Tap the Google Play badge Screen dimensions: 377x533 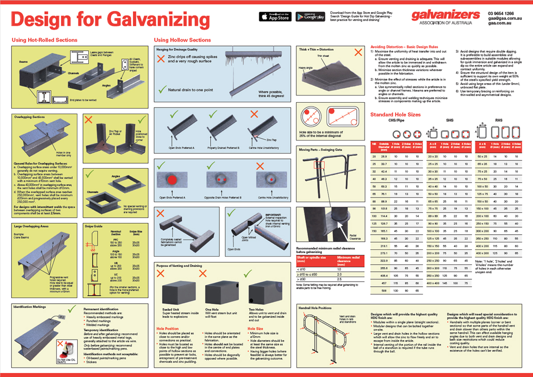pos(310,17)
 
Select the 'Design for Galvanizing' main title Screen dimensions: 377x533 pos(110,19)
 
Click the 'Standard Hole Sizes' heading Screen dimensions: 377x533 pos(395,115)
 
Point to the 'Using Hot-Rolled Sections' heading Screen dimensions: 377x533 pos(44,40)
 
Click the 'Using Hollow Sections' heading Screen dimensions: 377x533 pos(182,40)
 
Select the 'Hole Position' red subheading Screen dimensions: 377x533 pos(167,329)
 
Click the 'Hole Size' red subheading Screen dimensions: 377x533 pos(255,329)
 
